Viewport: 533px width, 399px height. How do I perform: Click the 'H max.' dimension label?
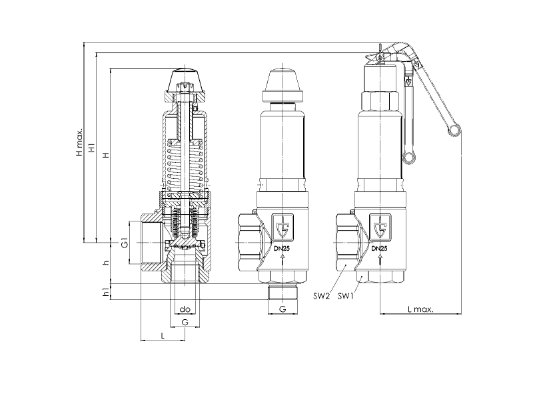[x=79, y=142]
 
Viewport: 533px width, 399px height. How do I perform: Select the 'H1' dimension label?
[x=92, y=148]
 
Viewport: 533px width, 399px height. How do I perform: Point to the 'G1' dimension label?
[x=125, y=243]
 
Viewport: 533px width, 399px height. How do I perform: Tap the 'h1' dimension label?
[x=107, y=292]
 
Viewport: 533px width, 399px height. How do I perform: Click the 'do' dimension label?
[x=185, y=309]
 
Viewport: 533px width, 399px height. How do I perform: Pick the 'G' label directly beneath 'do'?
[x=185, y=322]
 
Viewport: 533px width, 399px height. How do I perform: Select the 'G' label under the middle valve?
[x=282, y=309]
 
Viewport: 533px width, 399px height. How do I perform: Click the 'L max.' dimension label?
[x=420, y=309]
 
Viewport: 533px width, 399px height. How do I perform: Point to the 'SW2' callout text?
[x=322, y=296]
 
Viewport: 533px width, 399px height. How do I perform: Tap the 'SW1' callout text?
[x=346, y=296]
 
